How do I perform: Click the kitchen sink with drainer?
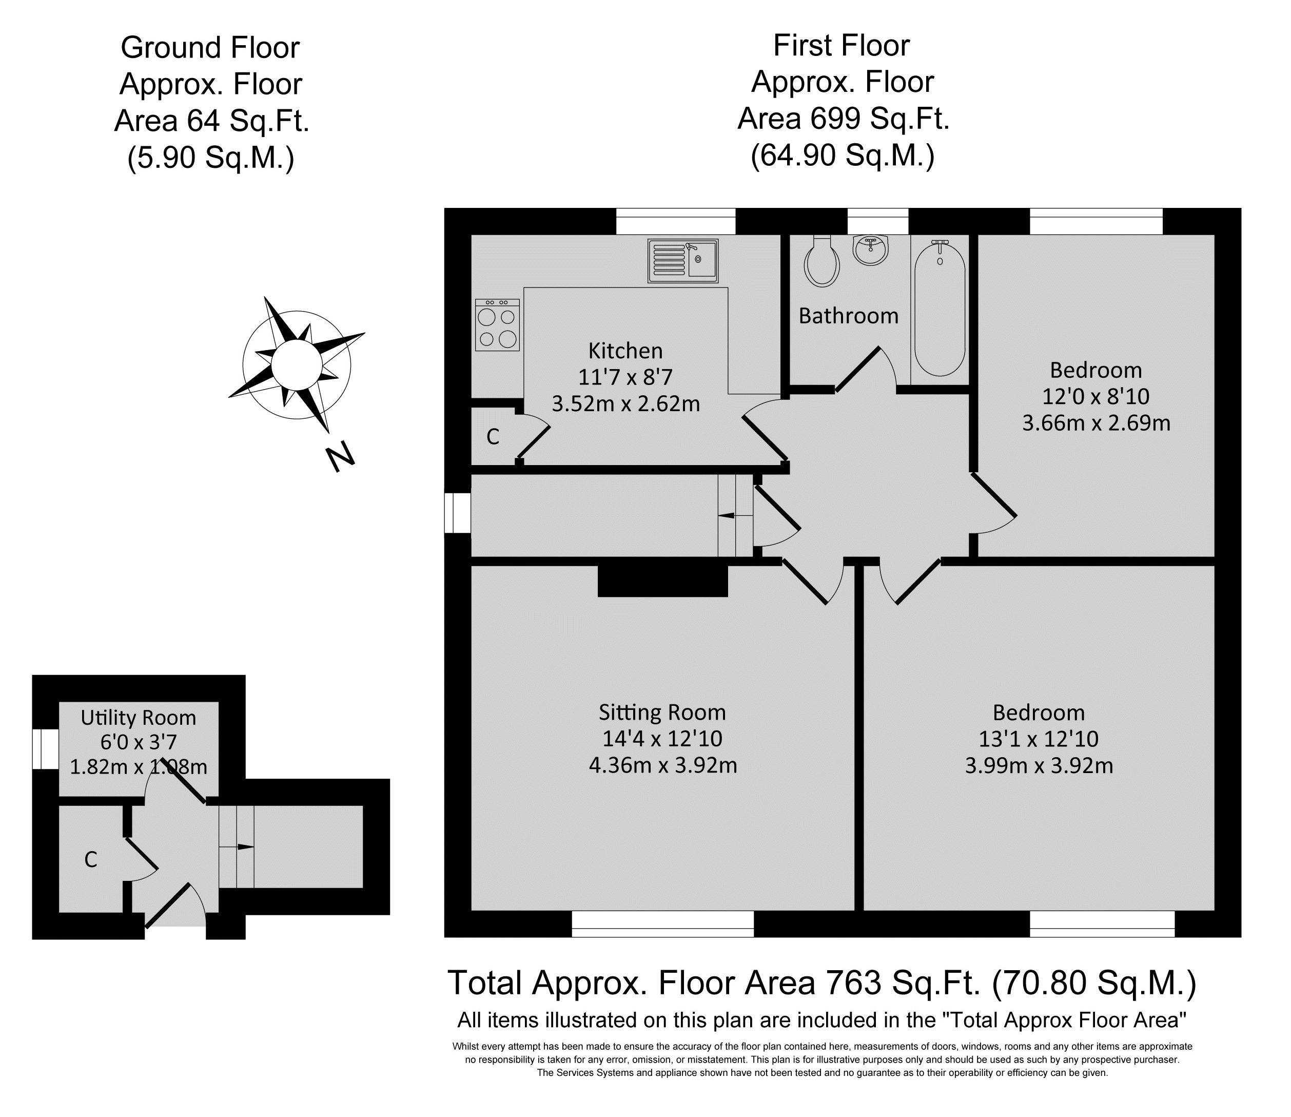(683, 261)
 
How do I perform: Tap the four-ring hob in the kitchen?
(497, 325)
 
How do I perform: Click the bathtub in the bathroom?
(940, 308)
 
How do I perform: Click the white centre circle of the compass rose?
(296, 364)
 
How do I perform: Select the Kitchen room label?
(625, 351)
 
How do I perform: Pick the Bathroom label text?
(849, 316)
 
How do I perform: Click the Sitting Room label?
(662, 712)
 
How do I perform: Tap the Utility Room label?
(139, 718)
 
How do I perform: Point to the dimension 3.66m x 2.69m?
(1096, 423)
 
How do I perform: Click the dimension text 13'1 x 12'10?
(1038, 739)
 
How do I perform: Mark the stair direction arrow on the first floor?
(735, 515)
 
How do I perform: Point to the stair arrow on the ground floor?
(237, 846)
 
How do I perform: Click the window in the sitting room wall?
(662, 924)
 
